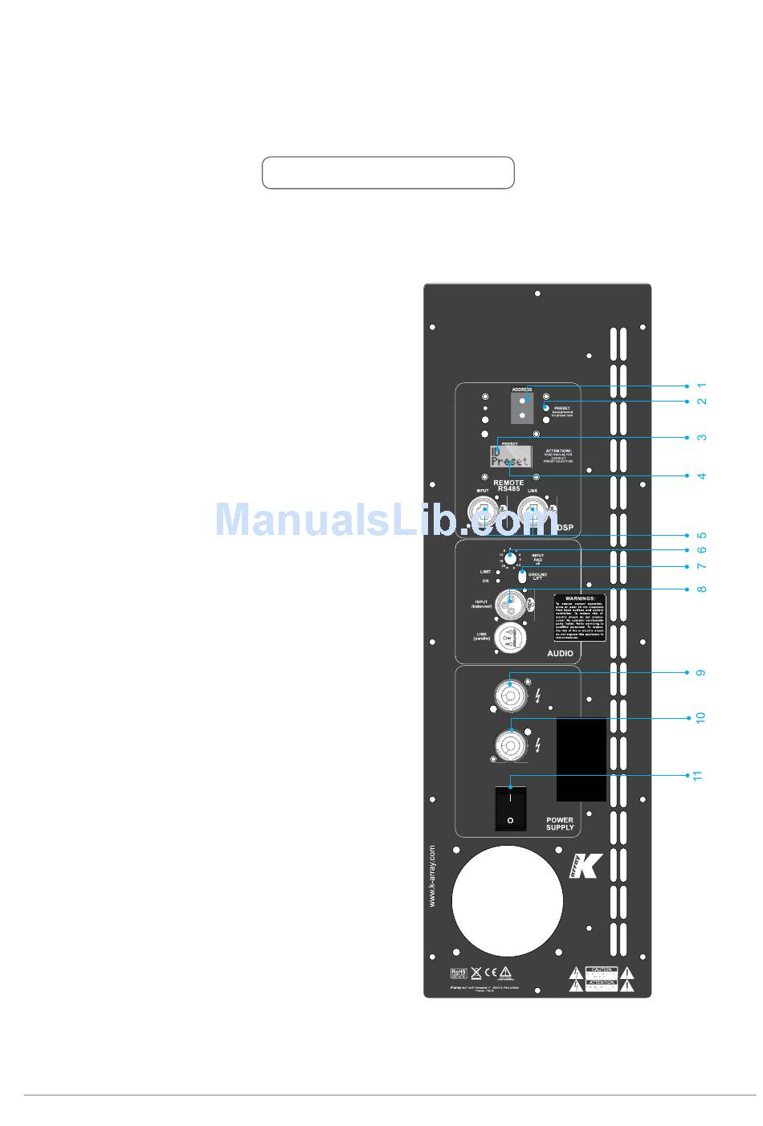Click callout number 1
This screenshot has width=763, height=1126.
(x=701, y=386)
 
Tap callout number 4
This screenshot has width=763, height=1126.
(x=701, y=476)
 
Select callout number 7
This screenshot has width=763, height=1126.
(x=701, y=566)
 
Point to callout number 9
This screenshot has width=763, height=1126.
(x=701, y=672)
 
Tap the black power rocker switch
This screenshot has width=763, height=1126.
(x=510, y=808)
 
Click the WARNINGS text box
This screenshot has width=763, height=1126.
(x=580, y=618)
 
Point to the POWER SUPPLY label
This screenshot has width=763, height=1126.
(x=560, y=824)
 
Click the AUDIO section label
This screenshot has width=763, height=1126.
(x=560, y=654)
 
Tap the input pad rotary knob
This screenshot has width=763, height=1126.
(x=510, y=557)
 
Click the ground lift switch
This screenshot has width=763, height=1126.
(x=523, y=576)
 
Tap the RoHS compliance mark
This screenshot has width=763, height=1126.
(x=459, y=973)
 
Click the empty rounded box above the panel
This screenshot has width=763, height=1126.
(x=388, y=173)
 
